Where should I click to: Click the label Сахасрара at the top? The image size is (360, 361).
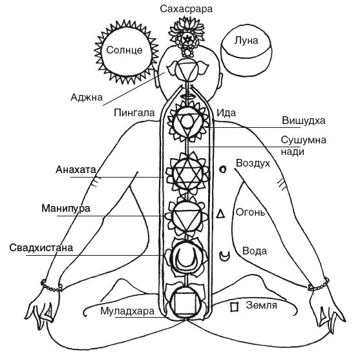click(x=186, y=9)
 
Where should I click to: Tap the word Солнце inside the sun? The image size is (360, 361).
click(x=125, y=50)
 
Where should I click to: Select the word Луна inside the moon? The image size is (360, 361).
click(x=246, y=41)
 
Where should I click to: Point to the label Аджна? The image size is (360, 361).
click(x=87, y=98)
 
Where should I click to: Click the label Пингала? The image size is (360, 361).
click(x=134, y=113)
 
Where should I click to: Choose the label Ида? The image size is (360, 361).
click(x=226, y=113)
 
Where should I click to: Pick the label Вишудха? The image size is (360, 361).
click(x=304, y=121)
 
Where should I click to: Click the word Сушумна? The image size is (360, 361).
click(x=304, y=140)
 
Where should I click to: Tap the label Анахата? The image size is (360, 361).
click(x=76, y=170)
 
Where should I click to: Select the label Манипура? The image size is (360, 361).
click(x=66, y=209)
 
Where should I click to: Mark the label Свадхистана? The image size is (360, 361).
click(x=41, y=248)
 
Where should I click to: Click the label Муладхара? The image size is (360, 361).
click(x=127, y=311)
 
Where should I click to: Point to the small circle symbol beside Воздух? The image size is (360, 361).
click(x=222, y=169)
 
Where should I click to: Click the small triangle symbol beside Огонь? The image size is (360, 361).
click(x=220, y=213)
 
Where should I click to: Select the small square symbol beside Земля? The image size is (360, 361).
click(x=235, y=307)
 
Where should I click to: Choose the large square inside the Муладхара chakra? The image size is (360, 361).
click(x=185, y=304)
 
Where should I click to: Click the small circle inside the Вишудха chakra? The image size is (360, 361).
click(x=187, y=120)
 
